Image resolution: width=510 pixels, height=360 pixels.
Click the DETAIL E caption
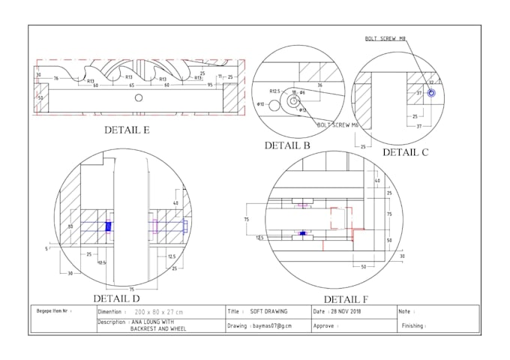coord(127,130)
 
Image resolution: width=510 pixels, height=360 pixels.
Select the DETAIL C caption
coord(406,152)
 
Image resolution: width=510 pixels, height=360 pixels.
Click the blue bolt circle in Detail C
coord(431,93)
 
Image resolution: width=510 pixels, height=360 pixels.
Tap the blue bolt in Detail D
coord(108,226)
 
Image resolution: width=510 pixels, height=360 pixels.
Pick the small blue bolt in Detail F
coord(302,233)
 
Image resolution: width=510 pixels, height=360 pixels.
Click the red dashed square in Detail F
coord(341,218)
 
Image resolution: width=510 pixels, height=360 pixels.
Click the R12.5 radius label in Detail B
coord(274,91)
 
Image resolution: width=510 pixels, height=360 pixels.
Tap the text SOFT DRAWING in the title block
coord(267,310)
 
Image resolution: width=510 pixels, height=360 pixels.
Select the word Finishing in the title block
coord(413,326)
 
